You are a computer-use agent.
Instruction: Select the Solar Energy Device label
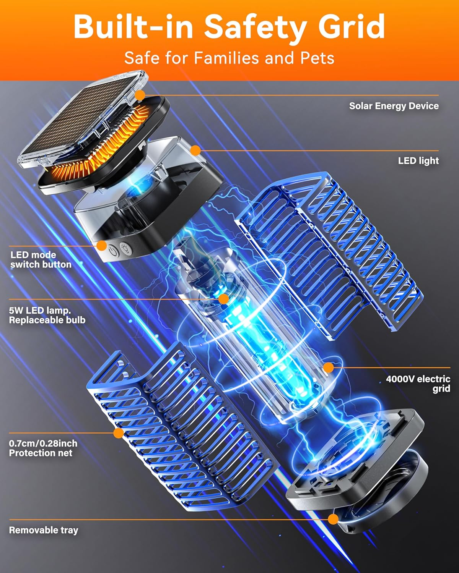(x=394, y=106)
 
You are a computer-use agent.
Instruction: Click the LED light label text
(x=418, y=160)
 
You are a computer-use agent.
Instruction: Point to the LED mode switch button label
(x=41, y=260)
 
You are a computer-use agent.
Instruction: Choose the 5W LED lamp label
(x=47, y=315)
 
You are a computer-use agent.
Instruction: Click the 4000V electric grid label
(x=418, y=384)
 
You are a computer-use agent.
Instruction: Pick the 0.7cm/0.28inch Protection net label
(x=43, y=448)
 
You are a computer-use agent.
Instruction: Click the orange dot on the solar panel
(x=140, y=95)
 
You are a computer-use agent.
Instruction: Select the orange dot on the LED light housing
(x=195, y=151)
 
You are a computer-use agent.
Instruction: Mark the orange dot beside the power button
(x=102, y=246)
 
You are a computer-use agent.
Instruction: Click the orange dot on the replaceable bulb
(x=223, y=299)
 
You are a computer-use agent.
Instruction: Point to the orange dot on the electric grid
(x=329, y=368)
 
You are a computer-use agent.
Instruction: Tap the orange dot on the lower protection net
(x=119, y=433)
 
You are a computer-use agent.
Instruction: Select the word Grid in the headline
(x=352, y=26)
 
